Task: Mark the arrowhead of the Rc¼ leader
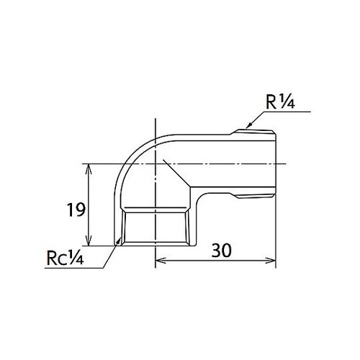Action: coord(117,243)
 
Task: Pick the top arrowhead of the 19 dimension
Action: coord(89,168)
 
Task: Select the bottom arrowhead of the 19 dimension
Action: coord(89,241)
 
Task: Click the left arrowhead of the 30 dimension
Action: coord(160,261)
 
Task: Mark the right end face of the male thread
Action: coord(276,162)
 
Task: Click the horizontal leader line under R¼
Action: coord(284,112)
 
